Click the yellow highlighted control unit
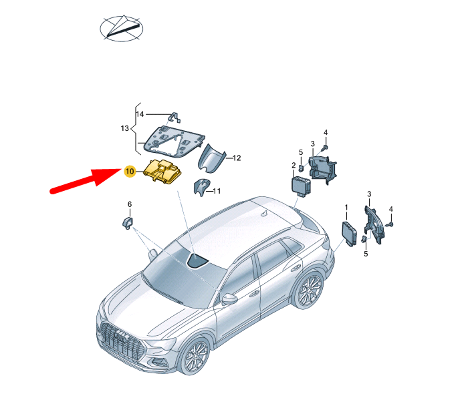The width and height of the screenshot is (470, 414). click(x=163, y=170)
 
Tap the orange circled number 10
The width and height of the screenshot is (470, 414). click(x=130, y=172)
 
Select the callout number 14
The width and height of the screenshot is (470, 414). click(x=140, y=114)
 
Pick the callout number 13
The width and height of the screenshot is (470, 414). click(x=124, y=128)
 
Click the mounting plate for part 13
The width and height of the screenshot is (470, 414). click(x=172, y=142)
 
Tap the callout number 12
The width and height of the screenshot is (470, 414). click(x=236, y=158)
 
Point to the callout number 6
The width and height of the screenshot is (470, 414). click(x=130, y=204)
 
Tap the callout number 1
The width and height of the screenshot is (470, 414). click(x=346, y=208)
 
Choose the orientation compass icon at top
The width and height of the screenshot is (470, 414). click(x=121, y=27)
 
